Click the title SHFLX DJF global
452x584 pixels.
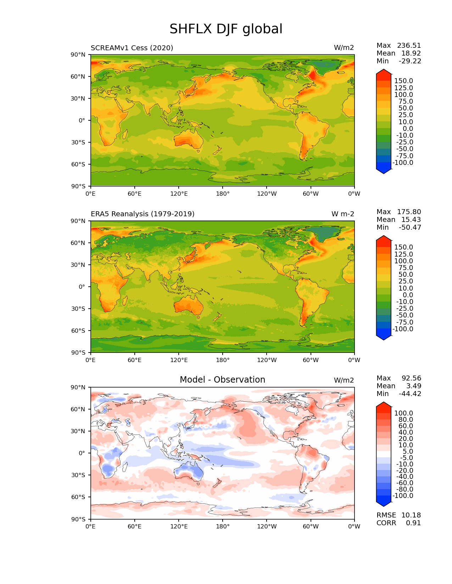tap(226, 29)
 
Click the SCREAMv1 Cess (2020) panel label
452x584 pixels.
tap(132, 48)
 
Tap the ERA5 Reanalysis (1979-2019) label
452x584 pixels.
tap(143, 214)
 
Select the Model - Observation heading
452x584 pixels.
tap(222, 380)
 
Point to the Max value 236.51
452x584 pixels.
tap(409, 46)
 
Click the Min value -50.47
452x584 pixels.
tap(410, 228)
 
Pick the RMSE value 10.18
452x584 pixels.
tap(411, 515)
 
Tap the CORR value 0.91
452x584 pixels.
tap(413, 523)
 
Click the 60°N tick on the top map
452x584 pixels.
tap(78, 76)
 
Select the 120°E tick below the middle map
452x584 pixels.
tap(179, 360)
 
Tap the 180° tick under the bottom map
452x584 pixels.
tap(223, 527)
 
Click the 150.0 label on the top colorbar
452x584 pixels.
tap(403, 81)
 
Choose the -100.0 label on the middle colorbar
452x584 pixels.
tap(402, 329)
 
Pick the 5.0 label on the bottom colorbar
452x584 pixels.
tap(407, 452)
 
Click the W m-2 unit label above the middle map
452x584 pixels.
tap(342, 214)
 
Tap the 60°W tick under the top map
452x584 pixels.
tap(311, 194)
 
